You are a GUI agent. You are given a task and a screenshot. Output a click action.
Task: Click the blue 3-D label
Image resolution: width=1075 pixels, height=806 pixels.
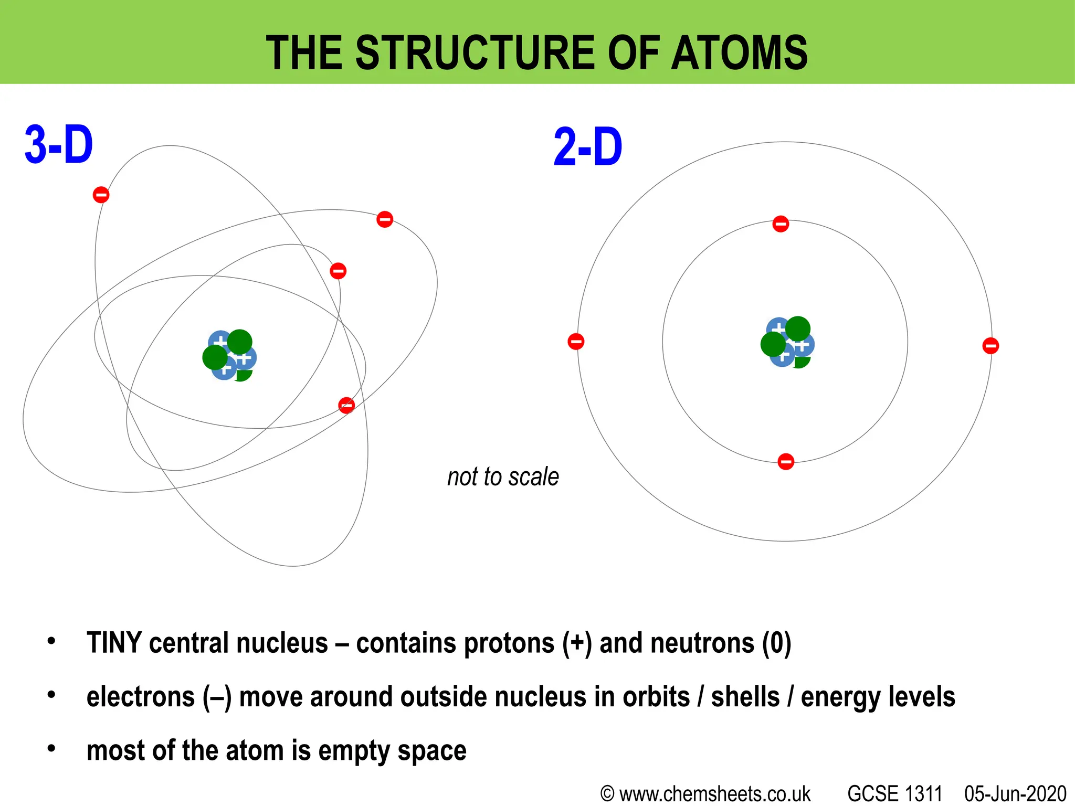(59, 145)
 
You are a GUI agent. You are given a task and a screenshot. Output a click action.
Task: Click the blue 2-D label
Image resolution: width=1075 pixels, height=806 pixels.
(588, 148)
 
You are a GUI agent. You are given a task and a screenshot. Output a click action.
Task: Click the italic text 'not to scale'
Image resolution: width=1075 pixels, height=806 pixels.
(503, 477)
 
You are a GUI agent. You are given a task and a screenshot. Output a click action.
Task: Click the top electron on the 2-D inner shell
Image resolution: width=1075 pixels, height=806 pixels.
(781, 224)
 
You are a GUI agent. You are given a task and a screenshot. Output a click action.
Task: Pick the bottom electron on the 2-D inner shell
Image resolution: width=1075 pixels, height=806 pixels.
(786, 462)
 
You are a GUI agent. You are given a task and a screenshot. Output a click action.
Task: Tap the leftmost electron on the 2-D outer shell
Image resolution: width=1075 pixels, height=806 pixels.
(576, 342)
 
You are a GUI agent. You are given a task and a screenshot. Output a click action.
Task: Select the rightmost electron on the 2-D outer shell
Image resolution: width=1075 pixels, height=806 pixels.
(990, 346)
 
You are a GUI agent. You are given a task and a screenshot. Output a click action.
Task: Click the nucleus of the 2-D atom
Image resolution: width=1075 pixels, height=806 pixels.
(787, 343)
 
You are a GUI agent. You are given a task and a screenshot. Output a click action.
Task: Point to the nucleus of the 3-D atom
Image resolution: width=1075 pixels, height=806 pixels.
(229, 355)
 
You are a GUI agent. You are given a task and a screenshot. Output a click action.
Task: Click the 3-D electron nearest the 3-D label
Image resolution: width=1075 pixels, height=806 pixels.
(101, 195)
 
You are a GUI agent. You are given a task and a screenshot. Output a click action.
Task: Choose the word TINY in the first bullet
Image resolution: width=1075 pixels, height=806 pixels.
(114, 643)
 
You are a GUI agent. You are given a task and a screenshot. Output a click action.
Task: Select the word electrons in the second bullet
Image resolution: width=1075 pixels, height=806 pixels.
(141, 697)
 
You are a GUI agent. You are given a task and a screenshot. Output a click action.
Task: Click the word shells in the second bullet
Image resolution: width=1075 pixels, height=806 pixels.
(745, 697)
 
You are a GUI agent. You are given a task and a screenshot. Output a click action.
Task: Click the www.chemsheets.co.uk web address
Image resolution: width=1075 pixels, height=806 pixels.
(715, 794)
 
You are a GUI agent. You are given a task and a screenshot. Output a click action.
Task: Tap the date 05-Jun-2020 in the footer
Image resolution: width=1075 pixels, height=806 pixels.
(1015, 794)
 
